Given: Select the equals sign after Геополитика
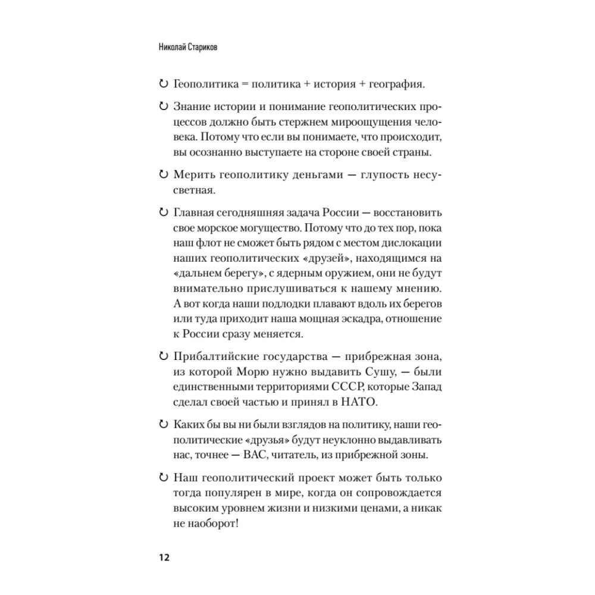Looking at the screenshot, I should [x=243, y=85].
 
